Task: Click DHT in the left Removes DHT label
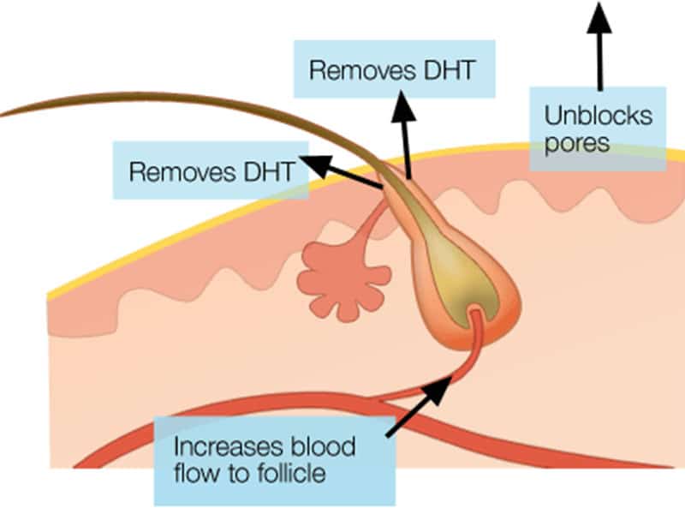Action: tap(265, 170)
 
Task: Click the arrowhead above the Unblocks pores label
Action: tap(599, 14)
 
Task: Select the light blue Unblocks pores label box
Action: tap(596, 128)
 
